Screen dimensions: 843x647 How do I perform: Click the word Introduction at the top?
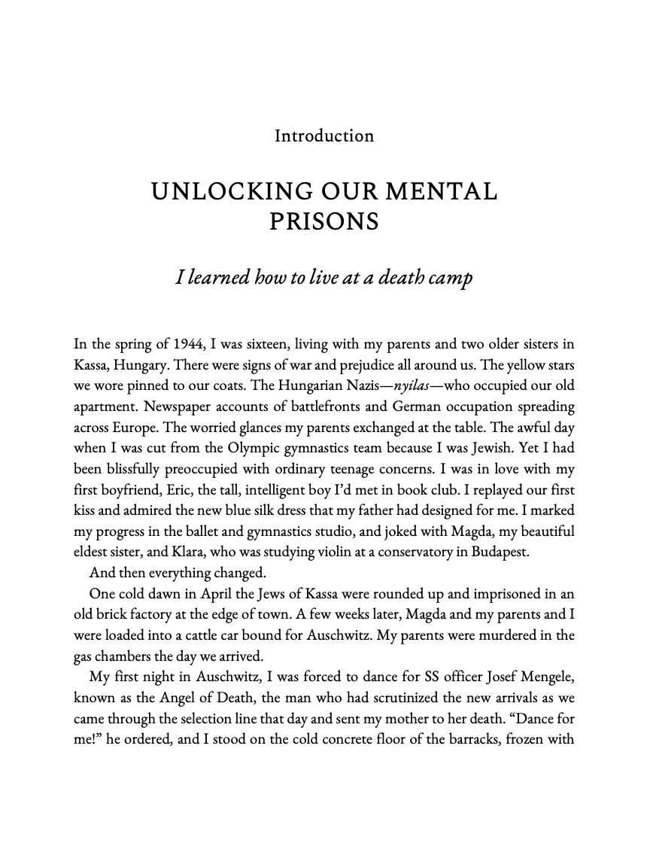click(x=323, y=136)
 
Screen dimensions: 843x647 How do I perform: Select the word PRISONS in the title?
click(x=323, y=223)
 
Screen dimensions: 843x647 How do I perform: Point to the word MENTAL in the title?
click(x=441, y=192)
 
